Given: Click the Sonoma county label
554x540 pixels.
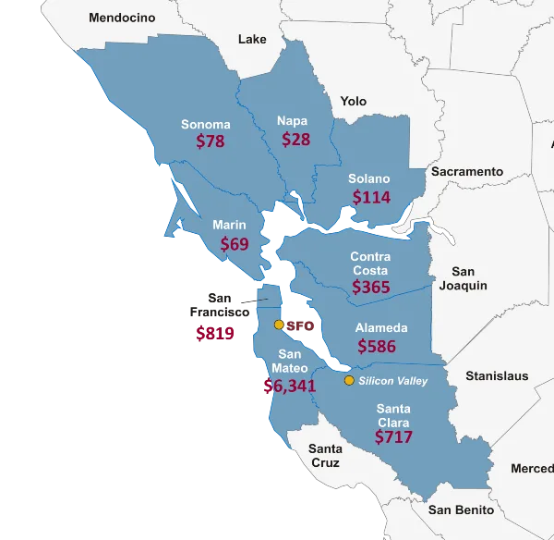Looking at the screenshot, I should tap(205, 125).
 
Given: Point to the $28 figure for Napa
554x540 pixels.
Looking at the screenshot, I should tap(295, 140).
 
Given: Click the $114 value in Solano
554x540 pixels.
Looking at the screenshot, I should tap(371, 197).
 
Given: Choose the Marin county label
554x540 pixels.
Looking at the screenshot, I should tap(229, 225).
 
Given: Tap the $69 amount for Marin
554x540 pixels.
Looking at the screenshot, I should tap(235, 244).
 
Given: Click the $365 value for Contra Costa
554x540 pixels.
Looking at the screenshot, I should tap(371, 288).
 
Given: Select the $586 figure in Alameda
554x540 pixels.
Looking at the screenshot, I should tap(376, 347).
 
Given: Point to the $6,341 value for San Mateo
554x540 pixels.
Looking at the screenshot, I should tap(289, 386).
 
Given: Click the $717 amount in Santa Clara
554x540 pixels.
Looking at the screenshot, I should tap(393, 437).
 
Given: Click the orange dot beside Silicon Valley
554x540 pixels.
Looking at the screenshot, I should tap(349, 381).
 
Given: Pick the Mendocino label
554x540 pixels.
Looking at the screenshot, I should tap(122, 18).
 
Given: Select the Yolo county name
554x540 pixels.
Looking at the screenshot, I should tap(353, 102).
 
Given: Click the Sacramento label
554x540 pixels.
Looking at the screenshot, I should tap(466, 172).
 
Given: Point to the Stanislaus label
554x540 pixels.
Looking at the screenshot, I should tap(497, 376).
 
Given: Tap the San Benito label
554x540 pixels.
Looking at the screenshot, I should tap(462, 509).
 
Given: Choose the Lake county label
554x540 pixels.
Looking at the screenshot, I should tap(252, 40).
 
